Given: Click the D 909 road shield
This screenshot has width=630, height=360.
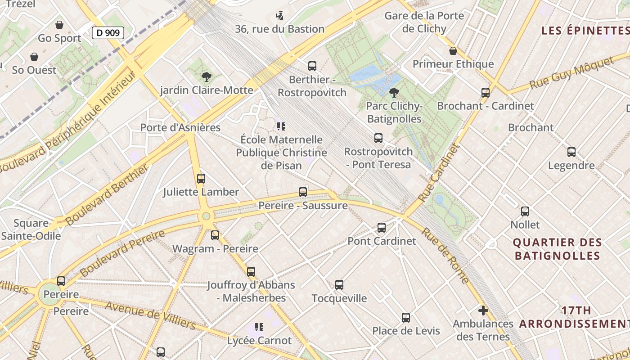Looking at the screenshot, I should coord(108,32).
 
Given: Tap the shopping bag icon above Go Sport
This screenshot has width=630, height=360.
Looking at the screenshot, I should coord(59,25).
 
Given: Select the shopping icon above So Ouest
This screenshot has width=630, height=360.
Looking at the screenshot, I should coord(34,57).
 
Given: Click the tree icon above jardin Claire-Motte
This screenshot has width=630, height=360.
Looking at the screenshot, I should coord(207,76).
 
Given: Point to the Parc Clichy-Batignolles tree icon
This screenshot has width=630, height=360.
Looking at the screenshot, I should coord(394,93).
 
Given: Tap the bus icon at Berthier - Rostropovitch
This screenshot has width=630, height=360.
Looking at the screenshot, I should coord(312,66).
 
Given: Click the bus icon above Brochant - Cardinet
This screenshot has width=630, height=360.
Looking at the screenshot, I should coord(486,93).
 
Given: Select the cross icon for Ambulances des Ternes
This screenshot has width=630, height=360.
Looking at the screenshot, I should coord(483,310).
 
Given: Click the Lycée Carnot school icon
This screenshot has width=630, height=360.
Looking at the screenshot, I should coord(259,327).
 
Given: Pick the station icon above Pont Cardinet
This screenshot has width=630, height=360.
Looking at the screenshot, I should coord(382,228).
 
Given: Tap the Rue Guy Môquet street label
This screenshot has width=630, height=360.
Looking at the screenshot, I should coord(571,73).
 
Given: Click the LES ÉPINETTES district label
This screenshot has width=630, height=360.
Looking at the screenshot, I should coord(585,31).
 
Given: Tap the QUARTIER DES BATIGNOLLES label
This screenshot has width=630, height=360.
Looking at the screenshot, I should coord(558,249).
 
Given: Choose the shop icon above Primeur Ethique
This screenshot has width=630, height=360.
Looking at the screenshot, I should coord(453,51).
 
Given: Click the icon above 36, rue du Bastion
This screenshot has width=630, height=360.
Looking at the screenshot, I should coord(279,16).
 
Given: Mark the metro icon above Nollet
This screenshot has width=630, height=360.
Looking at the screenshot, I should coord(525,211).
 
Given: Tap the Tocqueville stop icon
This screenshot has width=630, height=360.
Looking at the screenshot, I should coord(339,285).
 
